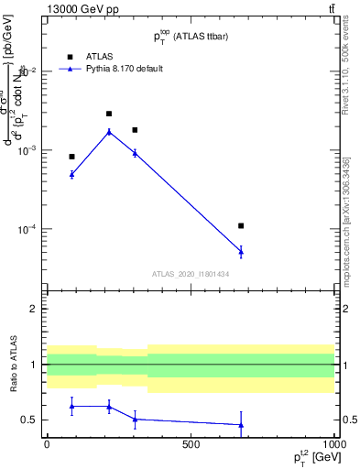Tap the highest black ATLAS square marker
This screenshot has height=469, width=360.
pos(109,114)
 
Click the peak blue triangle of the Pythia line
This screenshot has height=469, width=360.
pos(109,132)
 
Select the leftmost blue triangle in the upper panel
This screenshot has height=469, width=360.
pos(71,173)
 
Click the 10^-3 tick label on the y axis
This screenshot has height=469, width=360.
pos(27,150)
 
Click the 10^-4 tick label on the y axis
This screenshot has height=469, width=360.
pos(27,229)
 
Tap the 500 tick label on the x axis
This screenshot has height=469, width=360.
pos(191,444)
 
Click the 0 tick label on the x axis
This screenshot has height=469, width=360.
pos(47,444)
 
